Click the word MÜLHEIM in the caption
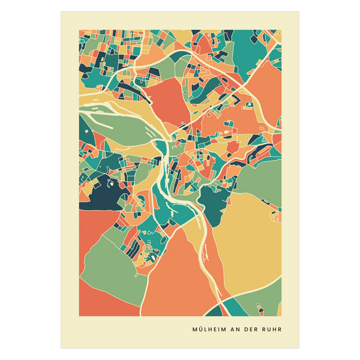click(x=209, y=329)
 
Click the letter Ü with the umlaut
click(x=201, y=329)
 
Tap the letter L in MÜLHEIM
click(x=206, y=329)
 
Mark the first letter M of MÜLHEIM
click(x=195, y=329)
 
